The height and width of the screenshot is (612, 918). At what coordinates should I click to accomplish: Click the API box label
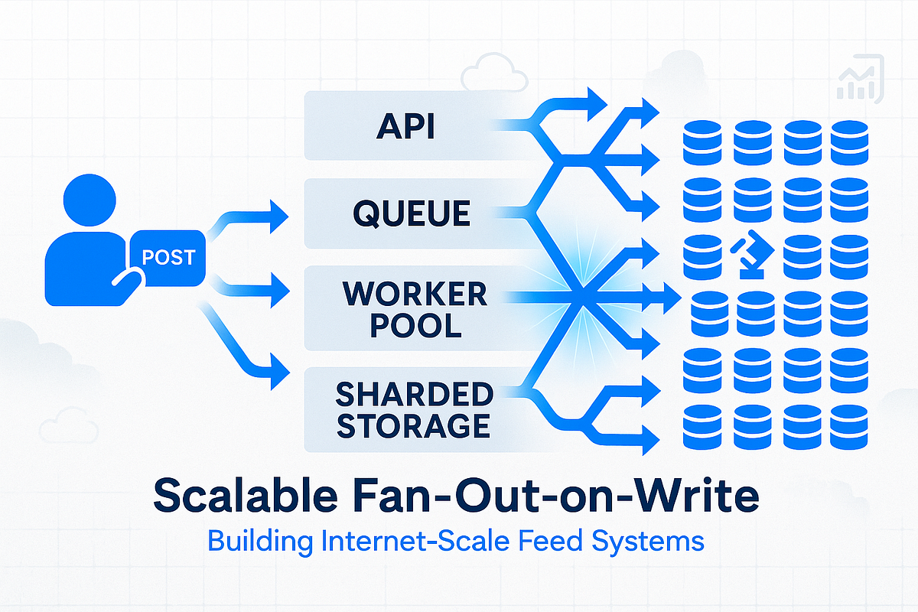pyautogui.click(x=405, y=126)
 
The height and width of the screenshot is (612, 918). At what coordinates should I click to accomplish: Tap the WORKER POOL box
pyautogui.click(x=414, y=309)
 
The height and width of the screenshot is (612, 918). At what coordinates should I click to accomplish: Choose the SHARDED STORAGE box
pyautogui.click(x=414, y=409)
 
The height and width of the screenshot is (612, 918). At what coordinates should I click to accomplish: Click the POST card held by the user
pyautogui.click(x=168, y=257)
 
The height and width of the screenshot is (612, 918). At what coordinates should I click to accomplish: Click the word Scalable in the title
pyautogui.click(x=246, y=496)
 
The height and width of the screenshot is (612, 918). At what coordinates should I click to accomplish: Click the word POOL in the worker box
pyautogui.click(x=414, y=326)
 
